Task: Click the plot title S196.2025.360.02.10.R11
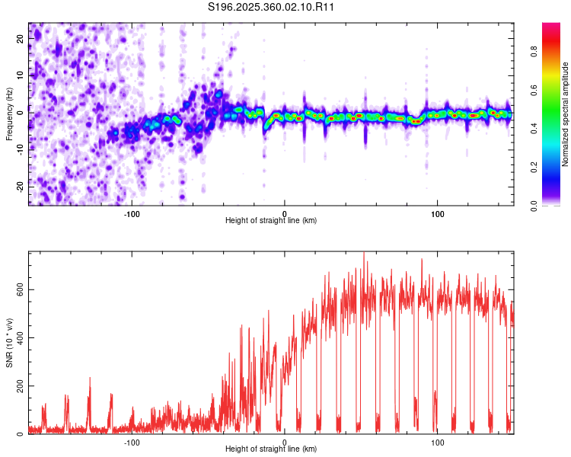(271, 7)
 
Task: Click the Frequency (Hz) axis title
(9, 114)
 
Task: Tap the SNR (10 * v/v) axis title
(9, 343)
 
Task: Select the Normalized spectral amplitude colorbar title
(565, 114)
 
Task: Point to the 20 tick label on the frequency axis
(21, 39)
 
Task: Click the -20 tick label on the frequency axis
(21, 187)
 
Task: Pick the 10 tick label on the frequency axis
(21, 75)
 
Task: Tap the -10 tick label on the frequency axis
(21, 150)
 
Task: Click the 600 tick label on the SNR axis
(21, 289)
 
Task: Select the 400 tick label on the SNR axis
(21, 338)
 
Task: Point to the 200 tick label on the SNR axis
(21, 386)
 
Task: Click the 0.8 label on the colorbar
(534, 51)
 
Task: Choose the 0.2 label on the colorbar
(534, 168)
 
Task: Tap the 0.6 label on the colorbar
(534, 90)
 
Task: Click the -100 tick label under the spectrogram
(132, 214)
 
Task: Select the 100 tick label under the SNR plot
(437, 443)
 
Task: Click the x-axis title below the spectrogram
(271, 220)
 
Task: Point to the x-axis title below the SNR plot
(271, 449)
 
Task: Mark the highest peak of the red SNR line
(364, 253)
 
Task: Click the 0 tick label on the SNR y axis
(21, 433)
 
